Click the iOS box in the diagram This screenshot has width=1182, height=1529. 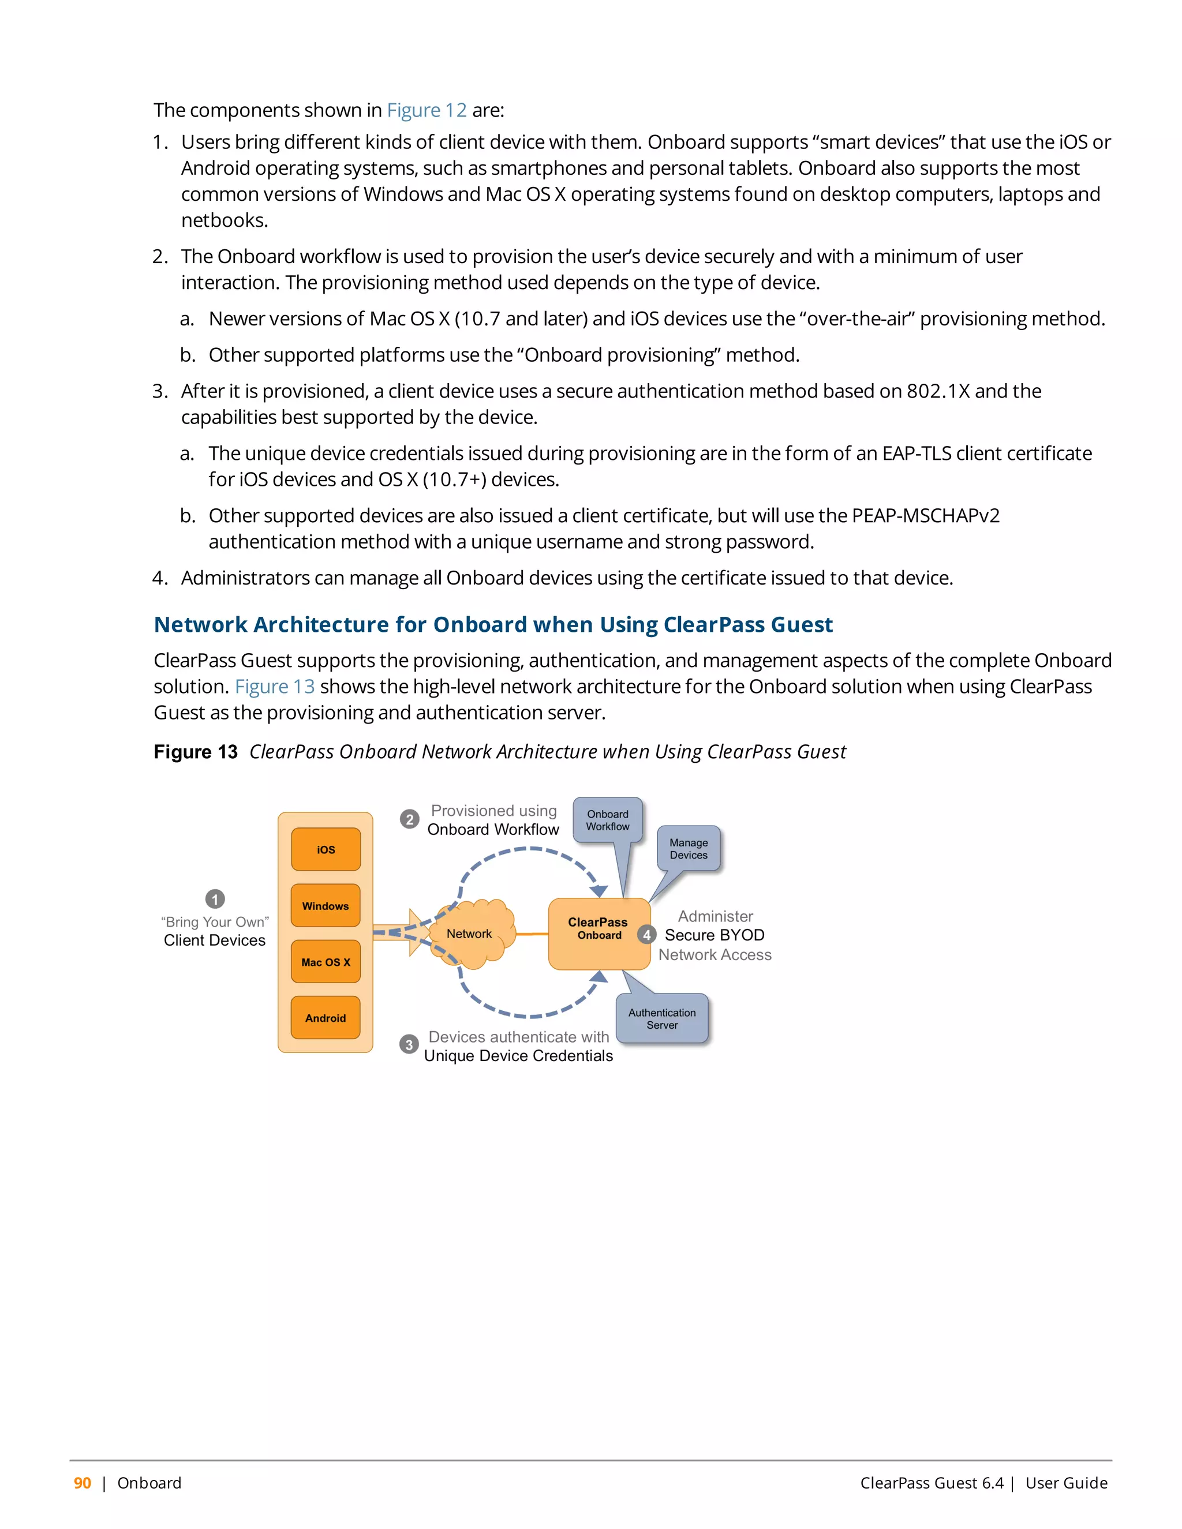pyautogui.click(x=326, y=849)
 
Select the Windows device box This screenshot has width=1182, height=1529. pyautogui.click(x=326, y=905)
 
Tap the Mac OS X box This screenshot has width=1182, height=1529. pyautogui.click(x=326, y=962)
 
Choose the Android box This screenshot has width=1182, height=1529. pyautogui.click(x=326, y=1018)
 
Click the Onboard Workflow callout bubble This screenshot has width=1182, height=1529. pyautogui.click(x=607, y=820)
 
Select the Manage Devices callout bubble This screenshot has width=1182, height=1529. pyautogui.click(x=689, y=849)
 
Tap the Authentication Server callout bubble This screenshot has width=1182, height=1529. pyautogui.click(x=662, y=1018)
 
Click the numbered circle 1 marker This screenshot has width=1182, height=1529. pyautogui.click(x=215, y=898)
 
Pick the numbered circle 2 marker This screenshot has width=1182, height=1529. pyautogui.click(x=410, y=819)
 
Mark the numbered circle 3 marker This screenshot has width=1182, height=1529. pyautogui.click(x=409, y=1044)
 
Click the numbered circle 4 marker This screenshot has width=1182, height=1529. pyautogui.click(x=646, y=935)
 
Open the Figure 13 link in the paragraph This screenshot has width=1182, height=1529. pyautogui.click(x=275, y=686)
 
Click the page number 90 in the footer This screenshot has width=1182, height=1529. pyautogui.click(x=83, y=1483)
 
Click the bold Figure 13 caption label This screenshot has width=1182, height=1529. pyautogui.click(x=196, y=752)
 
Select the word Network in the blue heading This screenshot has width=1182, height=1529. pyautogui.click(x=200, y=624)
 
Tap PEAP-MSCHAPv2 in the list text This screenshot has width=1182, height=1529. pyautogui.click(x=925, y=515)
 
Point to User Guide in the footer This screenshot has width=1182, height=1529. pyautogui.click(x=1066, y=1483)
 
